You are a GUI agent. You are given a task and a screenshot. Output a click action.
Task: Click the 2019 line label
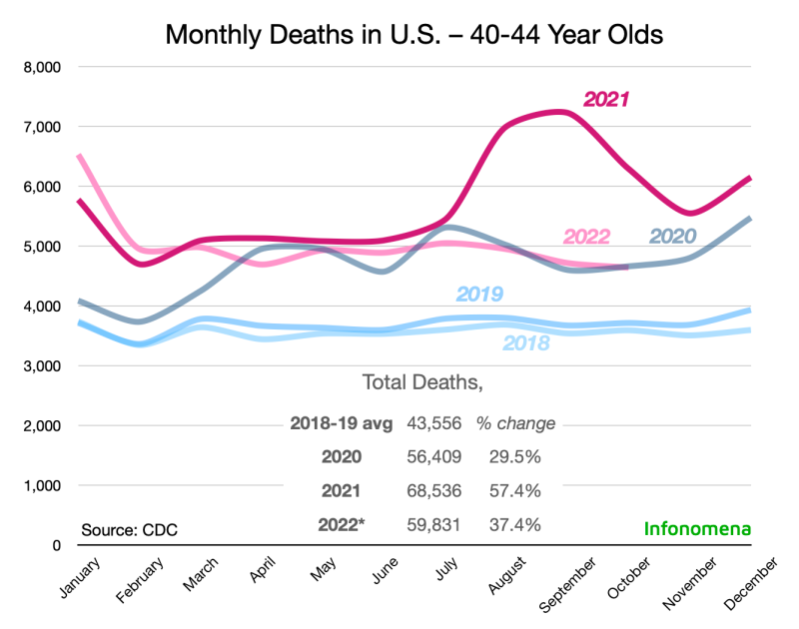pyautogui.click(x=479, y=294)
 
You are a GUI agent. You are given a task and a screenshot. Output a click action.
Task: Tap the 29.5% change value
pyautogui.click(x=515, y=456)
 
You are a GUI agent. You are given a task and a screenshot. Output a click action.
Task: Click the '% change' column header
pyautogui.click(x=515, y=423)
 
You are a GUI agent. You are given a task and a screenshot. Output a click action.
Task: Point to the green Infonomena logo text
pyautogui.click(x=696, y=527)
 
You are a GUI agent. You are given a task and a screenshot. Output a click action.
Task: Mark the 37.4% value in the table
pyautogui.click(x=515, y=524)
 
